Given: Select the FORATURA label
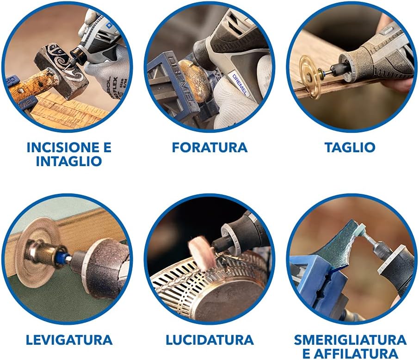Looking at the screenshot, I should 209,148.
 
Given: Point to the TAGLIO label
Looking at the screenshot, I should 350,148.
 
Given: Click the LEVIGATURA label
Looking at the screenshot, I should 69,340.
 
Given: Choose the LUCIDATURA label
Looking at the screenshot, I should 209,340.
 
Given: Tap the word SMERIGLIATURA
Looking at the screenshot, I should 350,340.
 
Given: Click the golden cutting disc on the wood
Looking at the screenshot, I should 309,76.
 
